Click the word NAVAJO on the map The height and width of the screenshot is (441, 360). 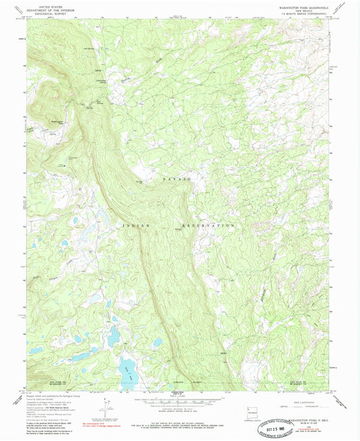click(x=178, y=177)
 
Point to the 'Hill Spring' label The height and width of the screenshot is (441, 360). click(x=88, y=48)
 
